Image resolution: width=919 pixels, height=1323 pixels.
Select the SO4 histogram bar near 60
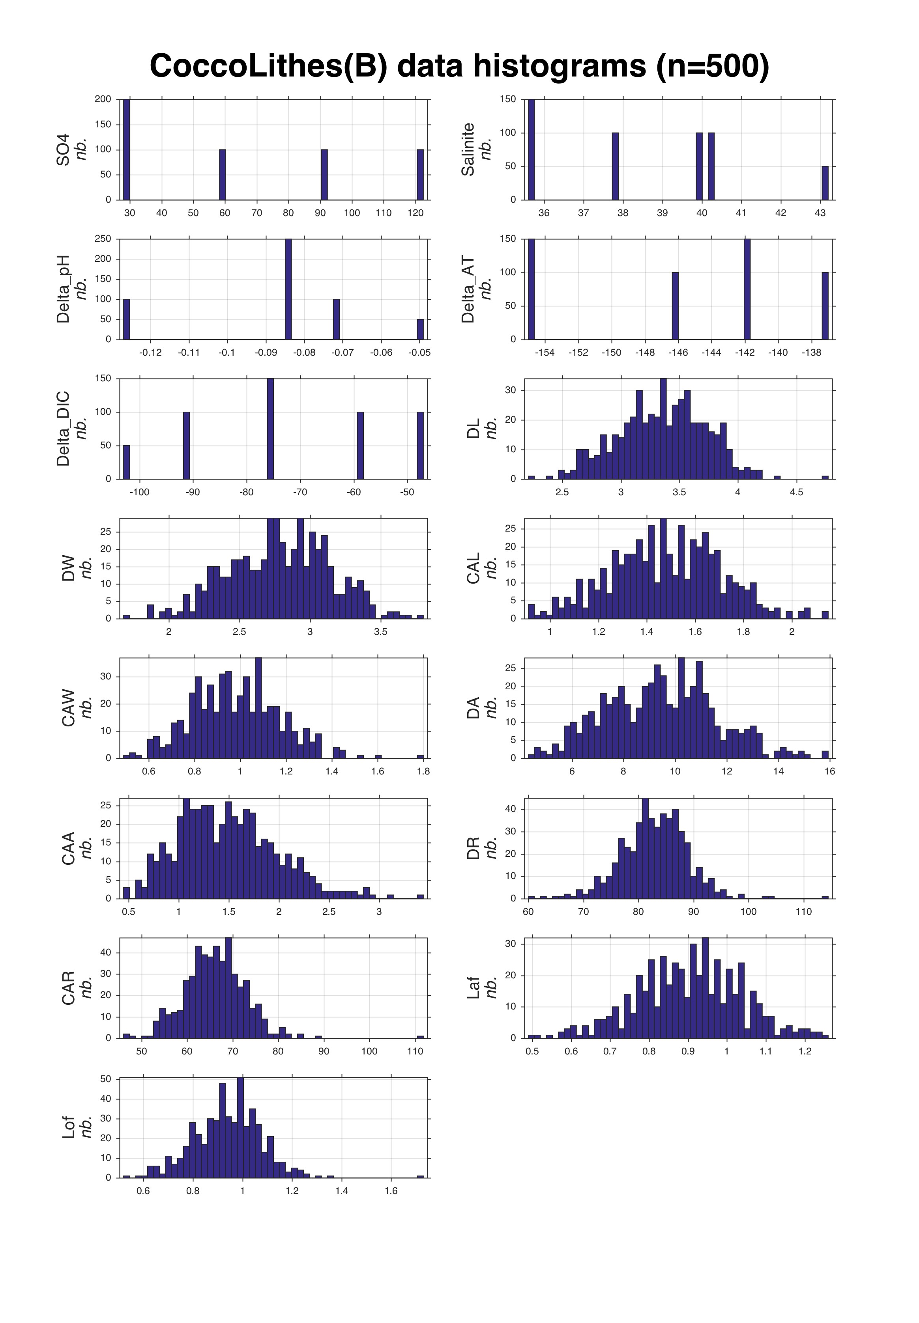(222, 174)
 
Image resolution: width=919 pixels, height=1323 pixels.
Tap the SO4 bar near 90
(324, 174)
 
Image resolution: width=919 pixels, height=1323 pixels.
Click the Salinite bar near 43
(825, 183)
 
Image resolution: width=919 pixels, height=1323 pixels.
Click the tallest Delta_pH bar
(288, 289)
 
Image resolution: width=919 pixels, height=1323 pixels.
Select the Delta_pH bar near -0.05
(420, 329)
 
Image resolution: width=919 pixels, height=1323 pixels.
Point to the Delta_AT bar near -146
(676, 306)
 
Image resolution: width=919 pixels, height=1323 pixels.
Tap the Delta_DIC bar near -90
(187, 446)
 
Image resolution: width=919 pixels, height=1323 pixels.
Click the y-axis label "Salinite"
(468, 149)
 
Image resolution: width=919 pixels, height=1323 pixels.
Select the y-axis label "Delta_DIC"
(64, 429)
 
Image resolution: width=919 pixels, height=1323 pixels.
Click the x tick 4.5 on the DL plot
(796, 493)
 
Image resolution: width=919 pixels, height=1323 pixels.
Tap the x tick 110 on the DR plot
(804, 912)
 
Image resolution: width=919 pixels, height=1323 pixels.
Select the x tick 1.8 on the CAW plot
(423, 771)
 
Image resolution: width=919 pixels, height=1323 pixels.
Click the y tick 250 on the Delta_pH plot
(103, 239)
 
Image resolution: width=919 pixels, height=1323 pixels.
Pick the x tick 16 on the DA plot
(829, 771)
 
